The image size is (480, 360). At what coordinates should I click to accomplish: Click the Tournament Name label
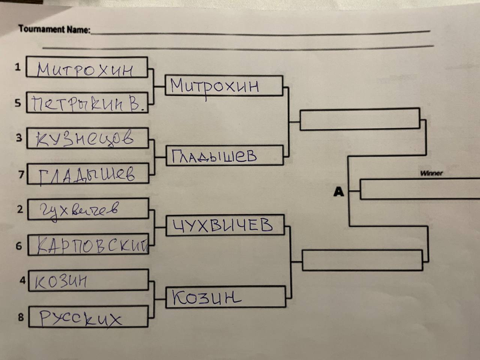pyautogui.click(x=54, y=29)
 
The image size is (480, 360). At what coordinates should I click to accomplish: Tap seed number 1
pyautogui.click(x=18, y=67)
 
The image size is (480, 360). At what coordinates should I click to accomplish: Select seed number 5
pyautogui.click(x=18, y=103)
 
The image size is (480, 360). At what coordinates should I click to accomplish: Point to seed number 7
pyautogui.click(x=21, y=175)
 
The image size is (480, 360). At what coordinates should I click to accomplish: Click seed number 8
pyautogui.click(x=20, y=317)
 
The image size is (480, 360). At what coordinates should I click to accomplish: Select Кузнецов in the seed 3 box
pyautogui.click(x=85, y=139)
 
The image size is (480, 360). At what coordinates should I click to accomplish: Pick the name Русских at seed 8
pyautogui.click(x=80, y=318)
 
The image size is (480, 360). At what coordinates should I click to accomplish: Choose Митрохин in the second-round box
pyautogui.click(x=215, y=86)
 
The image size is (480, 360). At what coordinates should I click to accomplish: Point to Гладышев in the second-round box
pyautogui.click(x=214, y=156)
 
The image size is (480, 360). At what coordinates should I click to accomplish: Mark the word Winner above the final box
pyautogui.click(x=431, y=173)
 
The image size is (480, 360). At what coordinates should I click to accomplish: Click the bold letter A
pyautogui.click(x=339, y=192)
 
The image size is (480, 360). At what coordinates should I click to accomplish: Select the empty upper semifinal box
pyautogui.click(x=360, y=119)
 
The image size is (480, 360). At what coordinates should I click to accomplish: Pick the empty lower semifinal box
pyautogui.click(x=362, y=260)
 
